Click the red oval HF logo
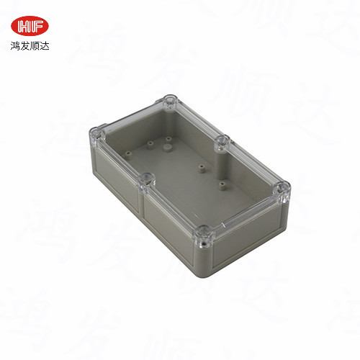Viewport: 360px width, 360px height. click(31, 26)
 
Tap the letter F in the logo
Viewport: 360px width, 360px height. click(37, 26)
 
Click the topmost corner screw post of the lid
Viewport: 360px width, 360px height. click(171, 100)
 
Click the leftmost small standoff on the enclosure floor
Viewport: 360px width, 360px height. click(129, 152)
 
